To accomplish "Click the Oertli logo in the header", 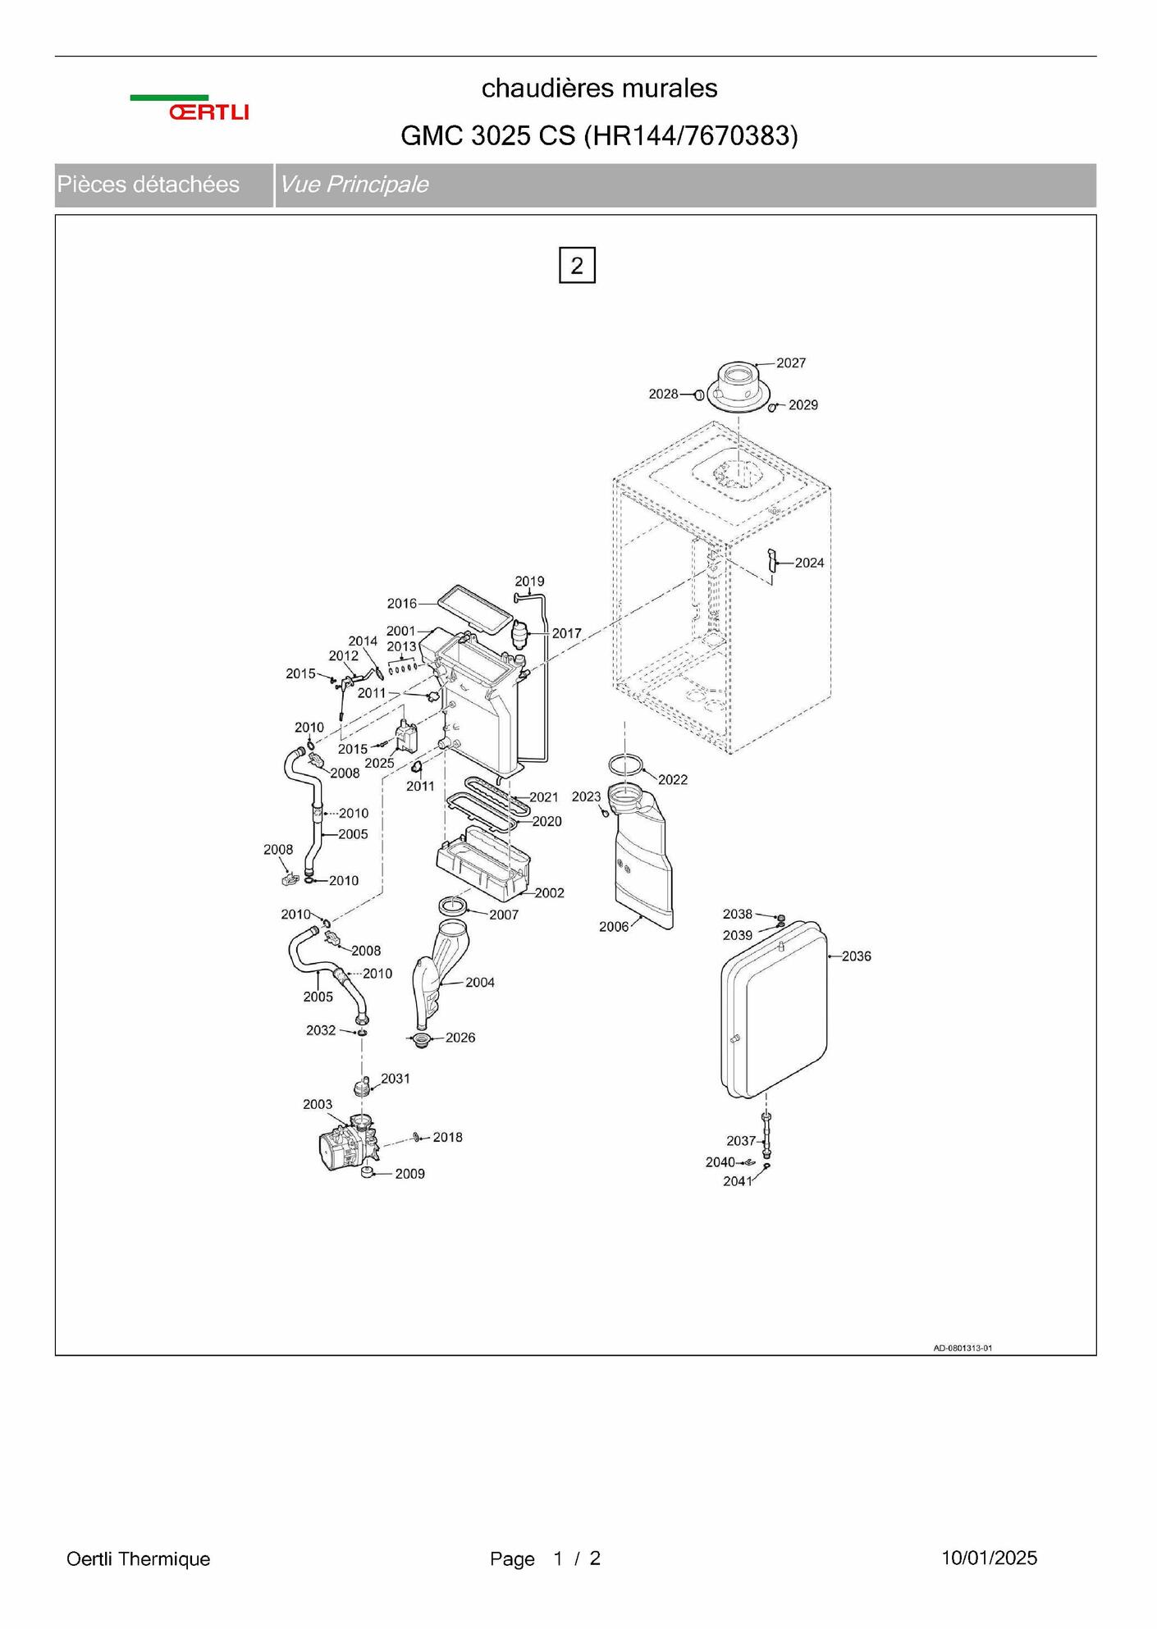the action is point(190,108).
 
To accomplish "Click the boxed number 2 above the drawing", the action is point(577,265).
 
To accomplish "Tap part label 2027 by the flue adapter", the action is point(791,363).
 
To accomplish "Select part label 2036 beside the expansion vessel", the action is point(857,956).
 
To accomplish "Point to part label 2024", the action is point(809,563).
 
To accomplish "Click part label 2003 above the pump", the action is point(318,1104).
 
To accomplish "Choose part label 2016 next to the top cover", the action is point(402,604).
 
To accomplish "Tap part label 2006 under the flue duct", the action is point(614,927).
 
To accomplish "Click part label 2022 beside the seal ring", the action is point(673,779).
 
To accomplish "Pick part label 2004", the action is point(480,983).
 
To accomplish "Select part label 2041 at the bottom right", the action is point(738,1181).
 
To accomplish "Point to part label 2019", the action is point(530,582).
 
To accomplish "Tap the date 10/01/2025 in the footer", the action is point(989,1558).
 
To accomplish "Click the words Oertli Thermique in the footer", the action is point(138,1558).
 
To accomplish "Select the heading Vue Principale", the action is point(354,185).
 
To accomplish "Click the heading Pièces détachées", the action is point(149,185).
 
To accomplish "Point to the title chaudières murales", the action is point(600,88).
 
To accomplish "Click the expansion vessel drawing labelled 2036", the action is point(774,1010).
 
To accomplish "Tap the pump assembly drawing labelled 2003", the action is point(348,1145).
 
